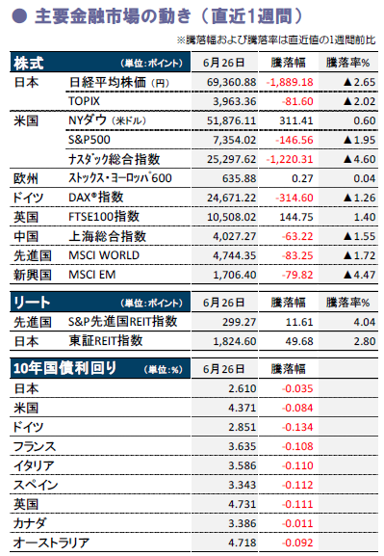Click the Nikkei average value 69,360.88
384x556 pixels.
[231, 82]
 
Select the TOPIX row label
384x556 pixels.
[85, 101]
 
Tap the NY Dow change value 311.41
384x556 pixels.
[296, 120]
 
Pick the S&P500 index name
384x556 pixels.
[90, 140]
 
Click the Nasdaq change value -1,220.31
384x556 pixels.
[290, 159]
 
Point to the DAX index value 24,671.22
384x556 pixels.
[231, 198]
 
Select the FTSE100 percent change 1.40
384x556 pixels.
[365, 217]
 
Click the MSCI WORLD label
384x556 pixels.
[104, 255]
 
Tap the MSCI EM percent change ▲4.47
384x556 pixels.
[359, 275]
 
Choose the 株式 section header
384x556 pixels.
[28, 64]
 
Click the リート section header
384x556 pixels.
[32, 303]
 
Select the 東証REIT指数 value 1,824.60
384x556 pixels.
[234, 341]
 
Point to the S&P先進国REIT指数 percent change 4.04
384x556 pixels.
[365, 322]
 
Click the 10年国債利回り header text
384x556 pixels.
[64, 369]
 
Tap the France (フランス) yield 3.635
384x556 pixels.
[242, 446]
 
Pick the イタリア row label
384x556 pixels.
[34, 465]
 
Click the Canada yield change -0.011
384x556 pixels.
[297, 524]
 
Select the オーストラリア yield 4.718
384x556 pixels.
[242, 543]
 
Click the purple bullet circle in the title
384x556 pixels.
[19, 16]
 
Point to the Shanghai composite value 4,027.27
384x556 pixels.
[234, 236]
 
